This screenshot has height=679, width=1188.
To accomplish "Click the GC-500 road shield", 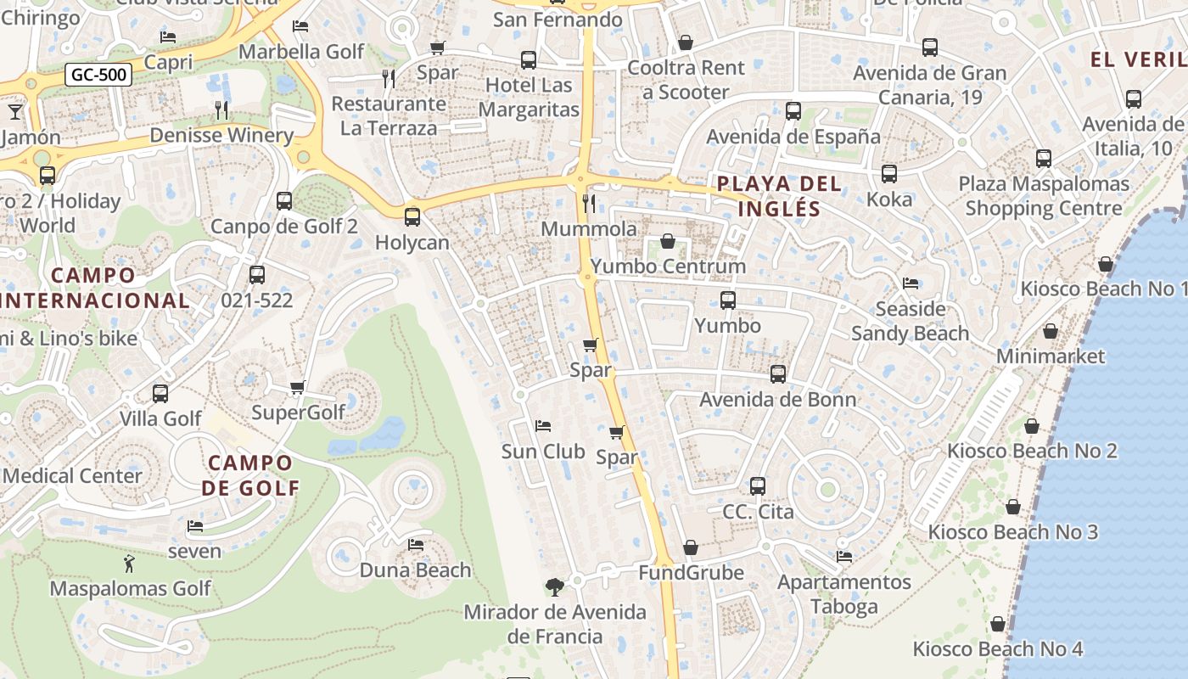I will [98, 75].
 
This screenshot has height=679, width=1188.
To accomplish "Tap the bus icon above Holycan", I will [412, 216].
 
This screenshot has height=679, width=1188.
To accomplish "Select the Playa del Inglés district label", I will [779, 196].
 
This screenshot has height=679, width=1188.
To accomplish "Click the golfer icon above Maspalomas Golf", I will [129, 563].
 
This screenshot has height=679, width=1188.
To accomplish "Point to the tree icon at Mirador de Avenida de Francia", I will [554, 586].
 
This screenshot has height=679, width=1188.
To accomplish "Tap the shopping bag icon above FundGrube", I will [691, 547].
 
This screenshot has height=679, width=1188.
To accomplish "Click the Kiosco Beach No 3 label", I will [1012, 532].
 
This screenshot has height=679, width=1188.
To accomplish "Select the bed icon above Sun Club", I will [543, 425].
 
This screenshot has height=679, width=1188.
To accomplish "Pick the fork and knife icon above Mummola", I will [589, 203].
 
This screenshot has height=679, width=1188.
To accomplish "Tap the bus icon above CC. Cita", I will [758, 486].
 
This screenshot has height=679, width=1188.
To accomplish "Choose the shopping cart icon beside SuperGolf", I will [297, 388].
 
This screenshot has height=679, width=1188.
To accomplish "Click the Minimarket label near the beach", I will [1051, 356].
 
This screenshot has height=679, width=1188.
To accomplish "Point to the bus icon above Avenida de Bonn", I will [777, 373].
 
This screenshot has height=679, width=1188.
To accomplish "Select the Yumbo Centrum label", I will [668, 267].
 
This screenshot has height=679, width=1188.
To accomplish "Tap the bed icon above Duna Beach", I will [415, 544].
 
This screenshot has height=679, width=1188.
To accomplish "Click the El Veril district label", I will [1138, 59].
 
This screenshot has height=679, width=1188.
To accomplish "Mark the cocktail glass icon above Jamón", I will [15, 111].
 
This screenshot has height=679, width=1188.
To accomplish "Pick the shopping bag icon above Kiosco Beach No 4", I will [998, 624].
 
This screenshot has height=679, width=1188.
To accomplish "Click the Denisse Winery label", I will [221, 135].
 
